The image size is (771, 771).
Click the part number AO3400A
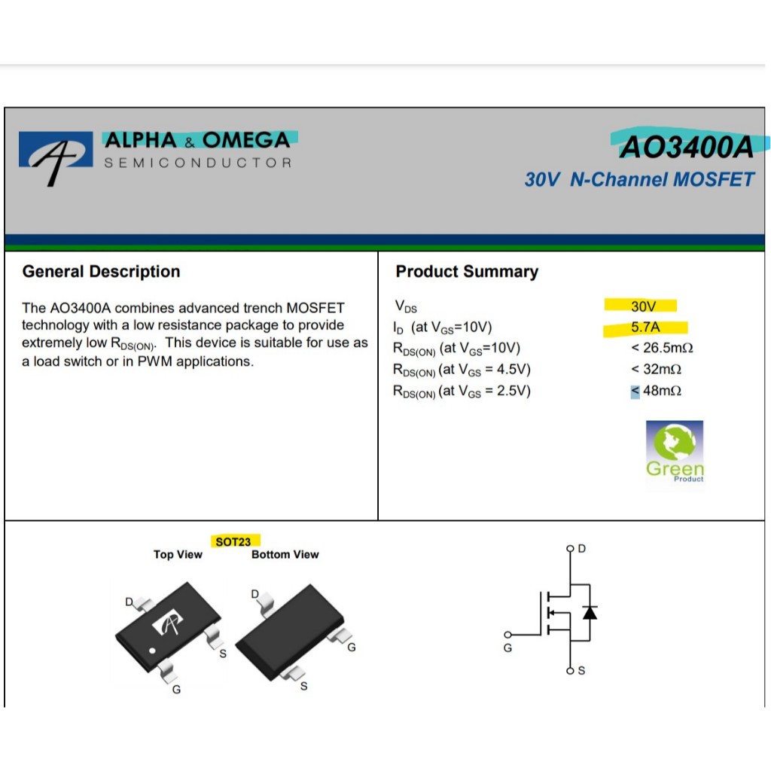click(x=685, y=148)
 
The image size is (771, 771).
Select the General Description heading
click(x=102, y=272)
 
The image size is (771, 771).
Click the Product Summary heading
click(x=467, y=272)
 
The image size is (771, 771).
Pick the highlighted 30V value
click(x=643, y=306)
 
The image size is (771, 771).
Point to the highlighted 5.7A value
click(x=645, y=328)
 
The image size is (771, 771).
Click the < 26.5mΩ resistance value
click(x=662, y=349)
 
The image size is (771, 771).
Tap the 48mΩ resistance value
click(x=662, y=391)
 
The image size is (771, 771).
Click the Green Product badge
click(x=675, y=451)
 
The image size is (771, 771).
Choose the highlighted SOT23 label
click(x=233, y=541)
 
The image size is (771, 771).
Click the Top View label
click(x=178, y=555)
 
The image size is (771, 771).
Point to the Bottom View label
click(x=285, y=555)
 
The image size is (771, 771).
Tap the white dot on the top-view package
click(x=151, y=651)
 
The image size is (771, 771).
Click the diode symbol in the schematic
click(x=590, y=612)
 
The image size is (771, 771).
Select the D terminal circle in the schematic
click(x=570, y=549)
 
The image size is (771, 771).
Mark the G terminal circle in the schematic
click(x=507, y=634)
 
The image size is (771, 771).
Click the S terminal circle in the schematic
click(x=570, y=670)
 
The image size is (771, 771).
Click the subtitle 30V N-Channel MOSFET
click(x=639, y=180)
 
